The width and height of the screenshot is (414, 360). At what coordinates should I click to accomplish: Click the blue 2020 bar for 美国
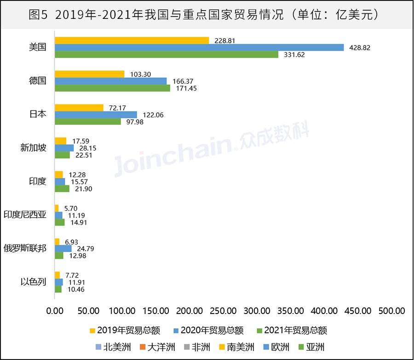click(199, 47)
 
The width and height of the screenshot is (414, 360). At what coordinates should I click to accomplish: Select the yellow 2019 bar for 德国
click(90, 74)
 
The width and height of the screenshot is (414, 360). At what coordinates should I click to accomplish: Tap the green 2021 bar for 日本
click(88, 122)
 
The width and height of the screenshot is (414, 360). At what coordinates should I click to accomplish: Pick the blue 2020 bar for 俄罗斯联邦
click(63, 249)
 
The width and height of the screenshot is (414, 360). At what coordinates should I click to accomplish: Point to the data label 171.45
click(186, 88)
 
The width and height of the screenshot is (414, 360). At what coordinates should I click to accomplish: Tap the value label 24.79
click(86, 249)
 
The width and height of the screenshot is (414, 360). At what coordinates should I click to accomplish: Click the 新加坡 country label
click(34, 148)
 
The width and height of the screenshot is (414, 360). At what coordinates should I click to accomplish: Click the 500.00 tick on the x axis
click(392, 311)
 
